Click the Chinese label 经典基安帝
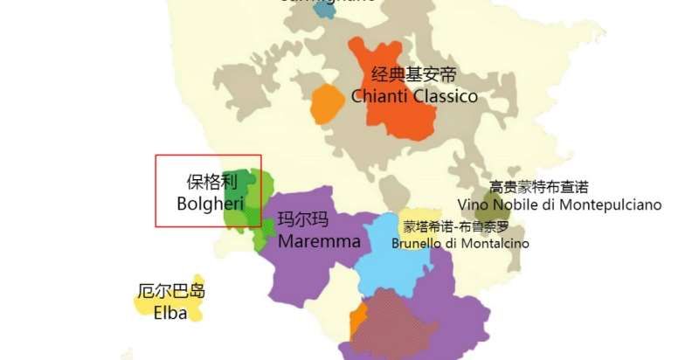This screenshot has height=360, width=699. pos(414,74)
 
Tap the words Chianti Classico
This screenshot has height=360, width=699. pos(414,96)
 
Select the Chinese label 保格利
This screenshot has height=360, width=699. pos(211,183)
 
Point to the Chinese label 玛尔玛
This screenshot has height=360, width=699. pos(303,219)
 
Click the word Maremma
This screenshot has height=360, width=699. pos(319,240)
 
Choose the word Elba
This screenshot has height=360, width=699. pos(170,312)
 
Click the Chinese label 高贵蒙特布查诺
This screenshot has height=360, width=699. pos(538,187)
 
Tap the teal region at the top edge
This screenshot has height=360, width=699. pos(325,10)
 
